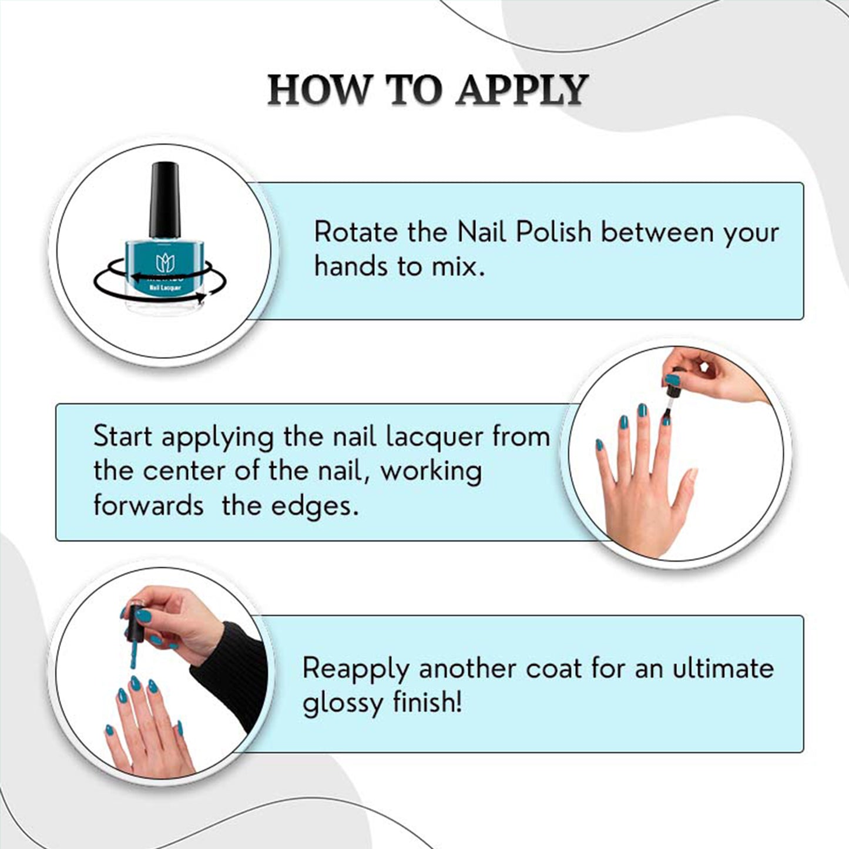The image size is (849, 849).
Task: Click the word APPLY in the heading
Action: pyautogui.click(x=522, y=90)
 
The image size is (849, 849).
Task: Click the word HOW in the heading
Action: pyautogui.click(x=318, y=90)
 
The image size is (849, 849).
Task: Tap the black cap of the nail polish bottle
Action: pyautogui.click(x=165, y=200)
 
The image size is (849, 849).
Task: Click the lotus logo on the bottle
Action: pyautogui.click(x=165, y=263)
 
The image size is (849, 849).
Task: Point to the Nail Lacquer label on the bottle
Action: pyautogui.click(x=165, y=287)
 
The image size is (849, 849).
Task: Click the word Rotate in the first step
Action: pyautogui.click(x=357, y=232)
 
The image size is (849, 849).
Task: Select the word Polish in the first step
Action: pyautogui.click(x=553, y=232)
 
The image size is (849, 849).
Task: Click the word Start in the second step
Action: pyautogui.click(x=123, y=437)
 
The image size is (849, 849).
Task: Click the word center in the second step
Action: pyautogui.click(x=184, y=471)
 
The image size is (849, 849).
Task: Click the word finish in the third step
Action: pyautogui.click(x=424, y=703)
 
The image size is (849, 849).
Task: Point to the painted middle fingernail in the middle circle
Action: pyautogui.click(x=643, y=411)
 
